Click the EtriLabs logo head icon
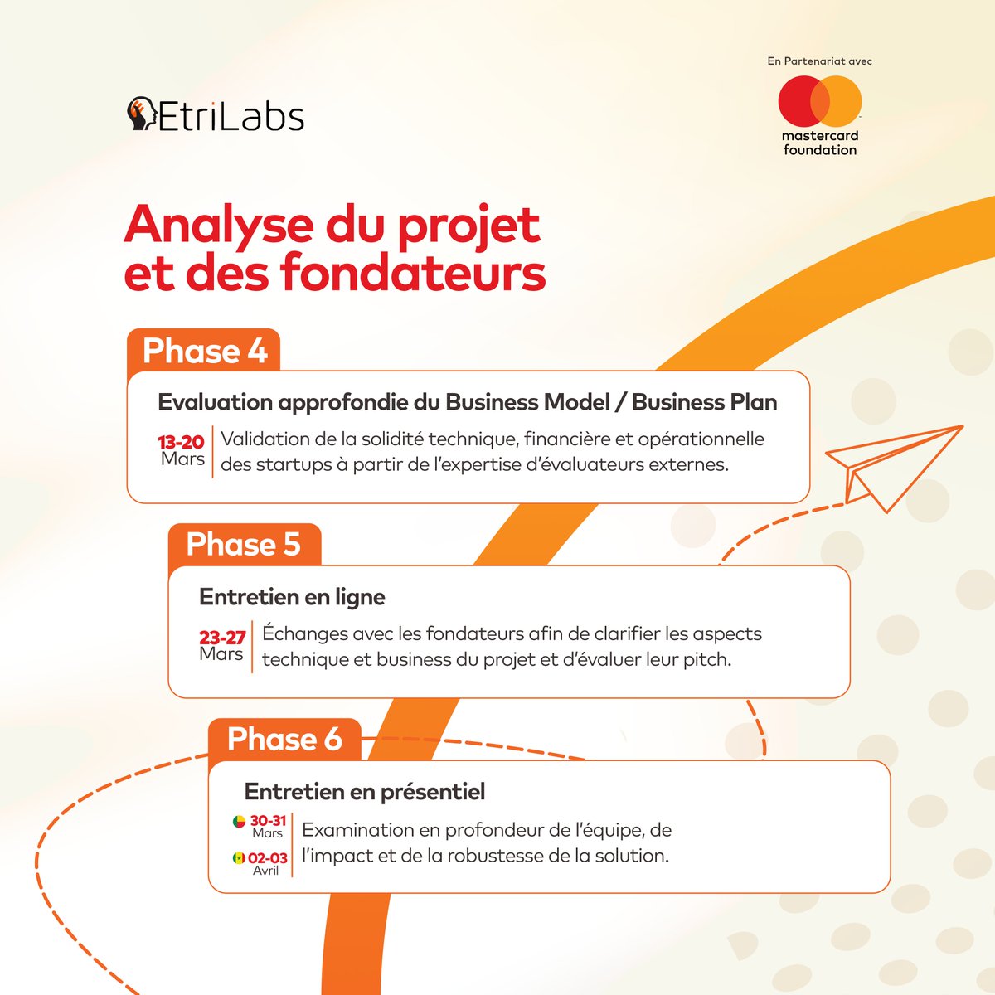pyautogui.click(x=141, y=114)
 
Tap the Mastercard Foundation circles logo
pyautogui.click(x=819, y=101)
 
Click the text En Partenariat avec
pyautogui.click(x=819, y=61)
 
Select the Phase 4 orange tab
pyautogui.click(x=204, y=351)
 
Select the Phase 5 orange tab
pyautogui.click(x=244, y=545)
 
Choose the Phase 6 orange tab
pyautogui.click(x=284, y=739)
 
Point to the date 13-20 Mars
pyautogui.click(x=182, y=450)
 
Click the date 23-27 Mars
pyautogui.click(x=222, y=645)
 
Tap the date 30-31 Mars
pyautogui.click(x=268, y=826)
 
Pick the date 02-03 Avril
pyautogui.click(x=267, y=863)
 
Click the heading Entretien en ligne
pyautogui.click(x=292, y=597)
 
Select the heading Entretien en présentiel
pyautogui.click(x=365, y=792)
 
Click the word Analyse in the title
pyautogui.click(x=218, y=225)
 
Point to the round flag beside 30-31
pyautogui.click(x=239, y=822)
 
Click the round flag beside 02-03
pyautogui.click(x=239, y=858)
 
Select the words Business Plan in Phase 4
pyautogui.click(x=704, y=402)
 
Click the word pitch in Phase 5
pyautogui.click(x=706, y=660)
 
